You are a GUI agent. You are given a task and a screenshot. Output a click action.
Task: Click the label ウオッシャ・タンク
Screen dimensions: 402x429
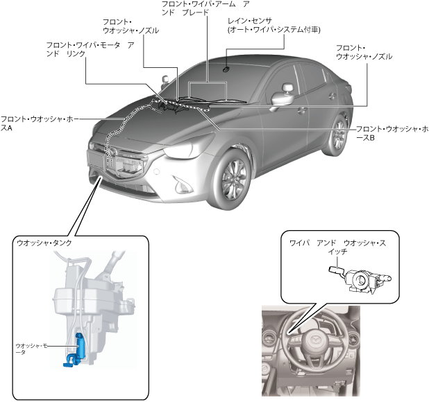pyautogui.click(x=43, y=243)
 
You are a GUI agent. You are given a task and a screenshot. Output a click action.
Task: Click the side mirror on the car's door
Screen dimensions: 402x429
pyautogui.click(x=283, y=96)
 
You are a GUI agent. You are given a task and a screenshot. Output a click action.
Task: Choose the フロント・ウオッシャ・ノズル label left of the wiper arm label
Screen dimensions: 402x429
pyautogui.click(x=130, y=26)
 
